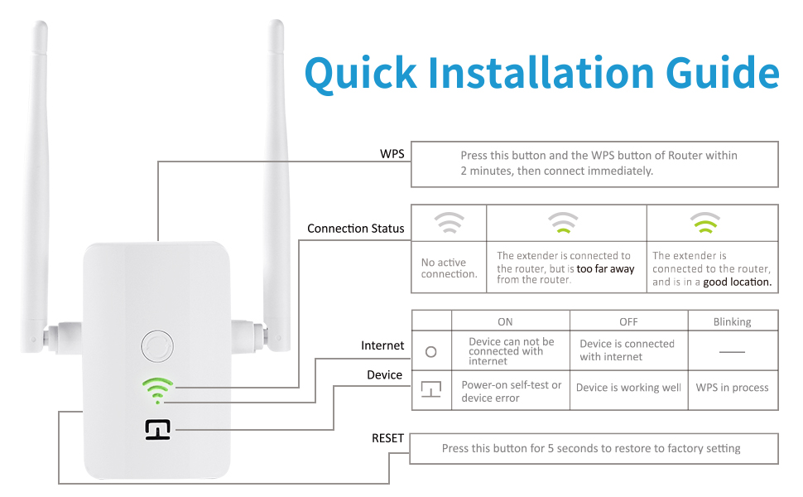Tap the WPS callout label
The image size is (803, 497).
392,154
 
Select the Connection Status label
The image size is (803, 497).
355,228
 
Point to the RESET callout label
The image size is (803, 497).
387,437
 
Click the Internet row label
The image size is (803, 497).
382,345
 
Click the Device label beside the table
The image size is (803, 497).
384,375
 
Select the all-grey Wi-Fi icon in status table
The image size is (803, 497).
449,223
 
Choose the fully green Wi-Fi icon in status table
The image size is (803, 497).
706,222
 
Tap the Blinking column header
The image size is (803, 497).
732,321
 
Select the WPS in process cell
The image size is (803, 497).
732,388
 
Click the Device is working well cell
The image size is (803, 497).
628,388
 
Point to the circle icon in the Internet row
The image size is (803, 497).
430,351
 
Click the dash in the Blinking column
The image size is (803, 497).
732,351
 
